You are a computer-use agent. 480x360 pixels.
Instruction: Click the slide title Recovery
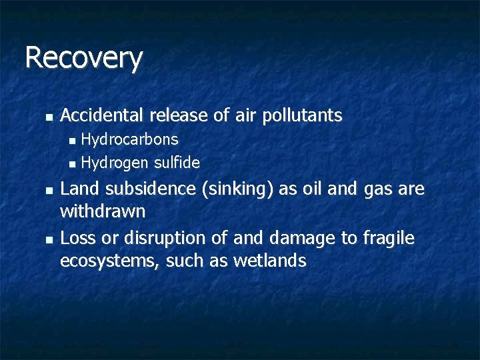coord(83,58)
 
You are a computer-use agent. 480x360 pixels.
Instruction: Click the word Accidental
coord(101,115)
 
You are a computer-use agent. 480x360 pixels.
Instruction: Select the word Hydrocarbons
coord(129,139)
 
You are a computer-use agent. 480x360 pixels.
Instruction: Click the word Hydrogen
coord(115,162)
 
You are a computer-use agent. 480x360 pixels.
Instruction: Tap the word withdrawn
coord(103,212)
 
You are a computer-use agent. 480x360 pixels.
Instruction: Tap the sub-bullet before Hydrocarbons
coord(73,140)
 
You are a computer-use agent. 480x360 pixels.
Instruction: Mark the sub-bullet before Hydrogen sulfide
coord(73,163)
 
